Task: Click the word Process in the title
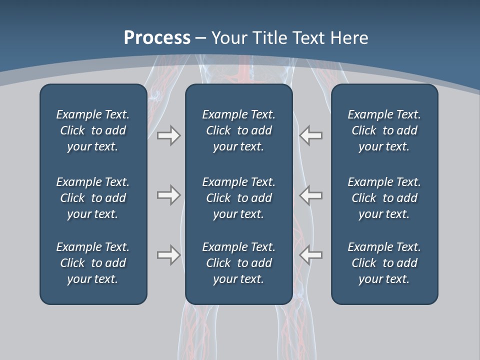pos(157,38)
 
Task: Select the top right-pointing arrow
pos(168,135)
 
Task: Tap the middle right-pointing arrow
pos(168,195)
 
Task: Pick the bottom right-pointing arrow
pos(168,255)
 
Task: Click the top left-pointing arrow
pos(310,135)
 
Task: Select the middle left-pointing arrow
pos(310,195)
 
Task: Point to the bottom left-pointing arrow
pos(310,255)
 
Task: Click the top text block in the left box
pos(93,130)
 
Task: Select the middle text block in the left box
pos(93,198)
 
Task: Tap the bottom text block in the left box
pos(93,263)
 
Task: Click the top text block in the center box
pos(238,130)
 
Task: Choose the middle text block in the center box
pos(238,198)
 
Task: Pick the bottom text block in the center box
pos(238,263)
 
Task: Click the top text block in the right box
pos(384,130)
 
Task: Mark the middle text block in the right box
pos(384,198)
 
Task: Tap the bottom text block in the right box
pos(384,263)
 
